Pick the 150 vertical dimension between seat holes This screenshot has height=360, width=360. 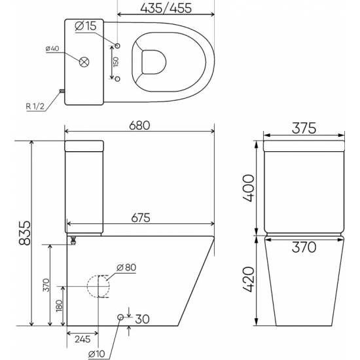(115, 63)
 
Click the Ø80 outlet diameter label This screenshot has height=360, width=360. (127, 266)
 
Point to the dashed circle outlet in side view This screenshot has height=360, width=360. (99, 286)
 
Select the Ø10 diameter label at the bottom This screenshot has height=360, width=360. (98, 354)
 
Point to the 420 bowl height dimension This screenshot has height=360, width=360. (245, 280)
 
